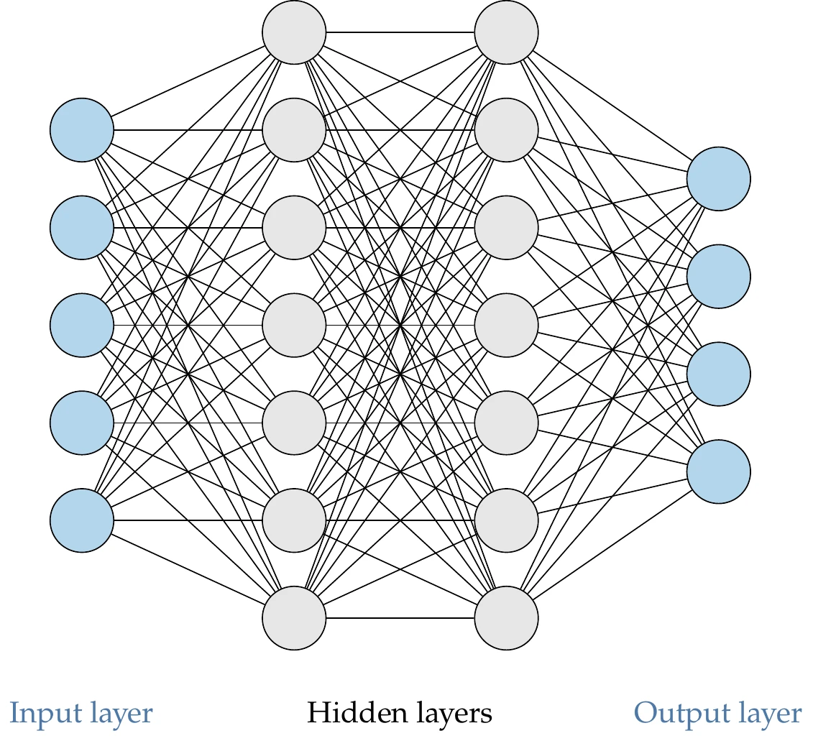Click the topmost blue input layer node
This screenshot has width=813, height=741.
(82, 130)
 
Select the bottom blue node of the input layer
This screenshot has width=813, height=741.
(82, 520)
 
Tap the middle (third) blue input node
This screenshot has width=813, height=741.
(82, 325)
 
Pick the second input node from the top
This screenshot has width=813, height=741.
(82, 228)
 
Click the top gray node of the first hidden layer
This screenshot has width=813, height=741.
(294, 32)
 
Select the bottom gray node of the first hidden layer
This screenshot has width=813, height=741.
(294, 618)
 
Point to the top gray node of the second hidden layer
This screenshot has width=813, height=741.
(507, 32)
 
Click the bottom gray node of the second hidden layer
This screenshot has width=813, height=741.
(507, 618)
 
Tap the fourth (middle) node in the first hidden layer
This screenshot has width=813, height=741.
(294, 325)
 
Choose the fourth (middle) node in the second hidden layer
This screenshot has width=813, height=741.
(507, 325)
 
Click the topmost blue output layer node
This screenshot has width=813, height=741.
(719, 179)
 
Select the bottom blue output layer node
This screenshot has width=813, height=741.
(719, 471)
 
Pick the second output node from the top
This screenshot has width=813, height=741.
(719, 276)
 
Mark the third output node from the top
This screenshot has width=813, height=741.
(719, 374)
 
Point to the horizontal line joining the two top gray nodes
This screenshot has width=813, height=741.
(400, 32)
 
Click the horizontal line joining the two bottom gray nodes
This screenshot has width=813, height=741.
(400, 618)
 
